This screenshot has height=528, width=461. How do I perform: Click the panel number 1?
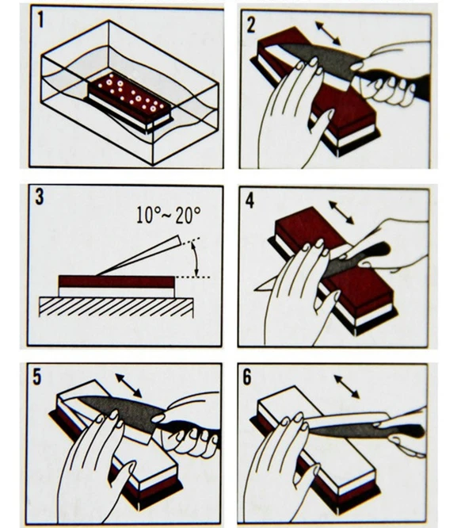tap(40, 20)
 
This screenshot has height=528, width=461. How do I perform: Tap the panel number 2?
tap(251, 25)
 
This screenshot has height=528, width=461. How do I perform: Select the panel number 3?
tap(40, 197)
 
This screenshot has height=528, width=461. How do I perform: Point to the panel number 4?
tap(250, 201)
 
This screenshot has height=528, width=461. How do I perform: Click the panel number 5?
tap(36, 377)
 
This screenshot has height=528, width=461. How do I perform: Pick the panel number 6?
tap(247, 377)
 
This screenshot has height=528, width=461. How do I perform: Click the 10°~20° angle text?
tap(169, 215)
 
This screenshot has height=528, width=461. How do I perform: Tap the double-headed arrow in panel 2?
tap(328, 33)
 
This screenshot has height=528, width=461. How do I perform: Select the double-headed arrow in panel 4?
tap(341, 212)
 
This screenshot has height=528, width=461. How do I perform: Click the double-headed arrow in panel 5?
tap(128, 385)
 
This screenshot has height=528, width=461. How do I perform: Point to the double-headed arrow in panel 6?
tap(347, 387)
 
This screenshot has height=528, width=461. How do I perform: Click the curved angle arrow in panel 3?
tap(195, 259)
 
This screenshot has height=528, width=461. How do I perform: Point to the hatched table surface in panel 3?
tap(116, 307)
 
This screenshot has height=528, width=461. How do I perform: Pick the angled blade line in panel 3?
tap(138, 256)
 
